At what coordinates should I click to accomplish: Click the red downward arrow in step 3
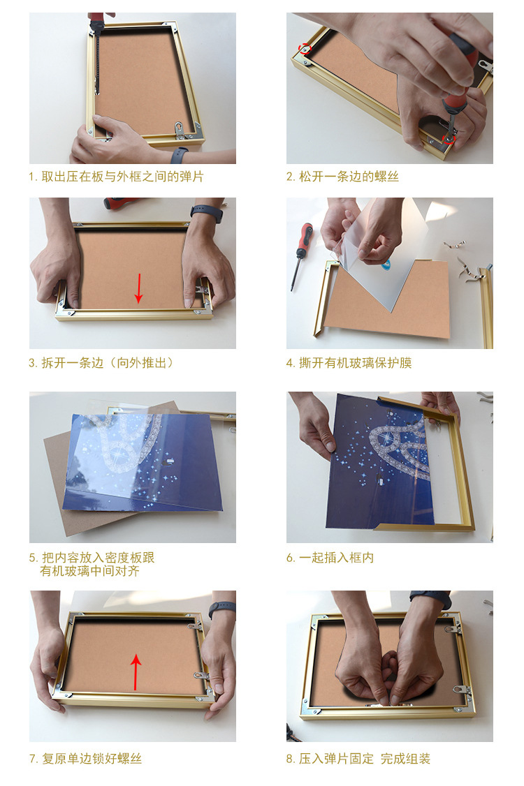point(138,288)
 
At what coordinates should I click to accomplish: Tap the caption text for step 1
point(116,177)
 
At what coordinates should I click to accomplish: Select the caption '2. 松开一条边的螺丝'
point(342,177)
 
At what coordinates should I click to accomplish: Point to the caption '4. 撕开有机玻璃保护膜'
point(349,363)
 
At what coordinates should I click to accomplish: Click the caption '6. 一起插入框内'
point(330,558)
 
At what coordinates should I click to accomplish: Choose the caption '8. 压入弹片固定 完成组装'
point(358,759)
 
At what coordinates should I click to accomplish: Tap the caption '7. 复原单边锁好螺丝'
point(85,759)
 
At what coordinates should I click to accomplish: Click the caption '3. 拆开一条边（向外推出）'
point(101,363)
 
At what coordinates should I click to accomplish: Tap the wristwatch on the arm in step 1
point(179,156)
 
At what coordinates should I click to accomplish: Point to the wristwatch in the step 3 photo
point(206,214)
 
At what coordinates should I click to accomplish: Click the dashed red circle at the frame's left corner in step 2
point(305,49)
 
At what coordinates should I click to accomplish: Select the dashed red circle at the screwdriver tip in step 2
point(449,139)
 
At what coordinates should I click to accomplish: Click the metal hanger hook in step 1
point(180,128)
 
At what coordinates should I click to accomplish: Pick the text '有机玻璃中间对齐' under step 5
point(89,571)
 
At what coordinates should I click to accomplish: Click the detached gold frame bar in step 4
point(486,306)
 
